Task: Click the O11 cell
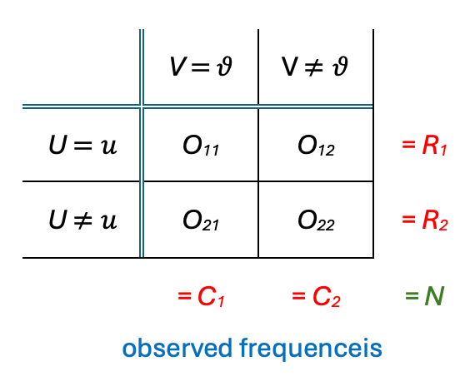[x=201, y=146]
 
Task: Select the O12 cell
[x=316, y=146]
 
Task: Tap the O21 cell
[x=201, y=220]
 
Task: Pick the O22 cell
[x=316, y=220]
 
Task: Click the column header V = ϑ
[x=201, y=66]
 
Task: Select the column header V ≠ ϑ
[x=315, y=66]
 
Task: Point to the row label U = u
[x=82, y=145]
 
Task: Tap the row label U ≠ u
[x=82, y=220]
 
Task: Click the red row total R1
[x=435, y=146]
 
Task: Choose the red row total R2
[x=435, y=220]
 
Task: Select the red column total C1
[x=211, y=296]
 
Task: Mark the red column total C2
[x=326, y=296]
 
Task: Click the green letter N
[x=434, y=296]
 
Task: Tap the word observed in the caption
[x=177, y=348]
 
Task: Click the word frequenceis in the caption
[x=311, y=349]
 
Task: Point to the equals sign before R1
[x=408, y=144]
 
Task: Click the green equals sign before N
[x=412, y=295]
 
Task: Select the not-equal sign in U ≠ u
[x=82, y=220]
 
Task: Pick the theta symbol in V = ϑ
[x=225, y=66]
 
